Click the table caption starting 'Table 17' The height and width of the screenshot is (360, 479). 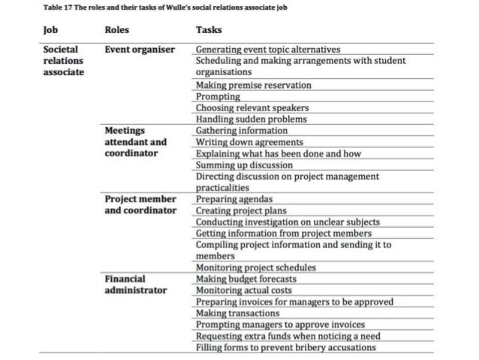[164, 8]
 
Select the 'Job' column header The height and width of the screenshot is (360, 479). [51, 30]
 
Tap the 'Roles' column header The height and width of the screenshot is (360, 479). [116, 30]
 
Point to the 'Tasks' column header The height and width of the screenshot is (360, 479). [209, 30]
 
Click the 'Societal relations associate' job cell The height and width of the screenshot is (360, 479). [64, 60]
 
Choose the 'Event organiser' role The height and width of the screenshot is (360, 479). [139, 50]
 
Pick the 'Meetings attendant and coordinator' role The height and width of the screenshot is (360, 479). [135, 141]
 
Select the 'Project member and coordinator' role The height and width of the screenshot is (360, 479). [140, 204]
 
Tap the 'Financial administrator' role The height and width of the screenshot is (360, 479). [135, 284]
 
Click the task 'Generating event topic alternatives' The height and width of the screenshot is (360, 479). [268, 50]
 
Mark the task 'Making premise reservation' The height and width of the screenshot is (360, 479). [253, 86]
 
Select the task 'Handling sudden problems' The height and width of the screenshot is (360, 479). [249, 119]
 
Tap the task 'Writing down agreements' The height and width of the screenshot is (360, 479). [249, 141]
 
